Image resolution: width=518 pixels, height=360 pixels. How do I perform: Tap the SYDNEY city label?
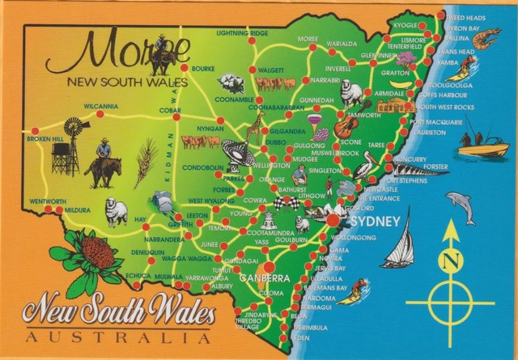(372, 221)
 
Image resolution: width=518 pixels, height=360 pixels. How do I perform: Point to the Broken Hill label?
(45, 139)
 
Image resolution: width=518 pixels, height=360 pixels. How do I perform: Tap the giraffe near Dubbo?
(256, 127)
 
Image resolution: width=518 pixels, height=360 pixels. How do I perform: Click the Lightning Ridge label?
(242, 33)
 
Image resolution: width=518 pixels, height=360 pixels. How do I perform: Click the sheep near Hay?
(117, 212)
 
